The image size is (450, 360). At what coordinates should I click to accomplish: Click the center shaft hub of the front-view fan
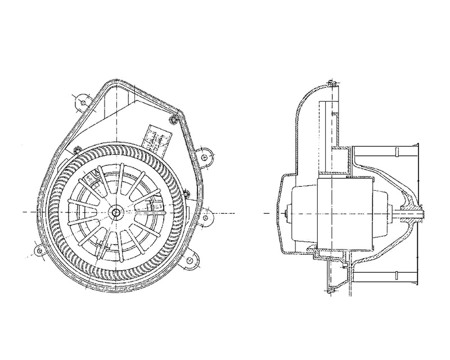116,212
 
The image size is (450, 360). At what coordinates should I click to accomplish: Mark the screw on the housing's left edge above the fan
75,149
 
